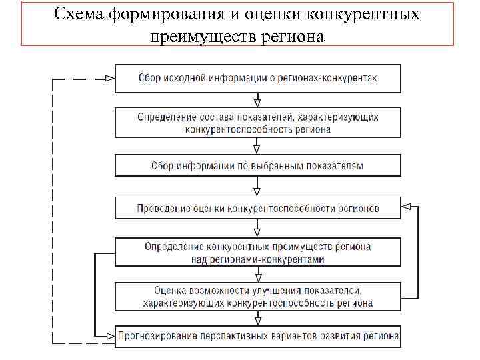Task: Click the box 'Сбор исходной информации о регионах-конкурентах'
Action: tap(258, 78)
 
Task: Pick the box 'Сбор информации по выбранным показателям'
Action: tap(258, 165)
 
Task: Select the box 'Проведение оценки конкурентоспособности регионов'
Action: tap(258, 208)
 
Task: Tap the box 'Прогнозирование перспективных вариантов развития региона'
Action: tap(258, 335)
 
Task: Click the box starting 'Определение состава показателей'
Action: tap(258, 123)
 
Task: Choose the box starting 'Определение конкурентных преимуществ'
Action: tap(258, 253)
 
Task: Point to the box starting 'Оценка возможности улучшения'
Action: tap(258, 297)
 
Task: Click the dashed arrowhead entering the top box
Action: tap(110, 78)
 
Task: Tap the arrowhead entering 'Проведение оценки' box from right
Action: tap(407, 208)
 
